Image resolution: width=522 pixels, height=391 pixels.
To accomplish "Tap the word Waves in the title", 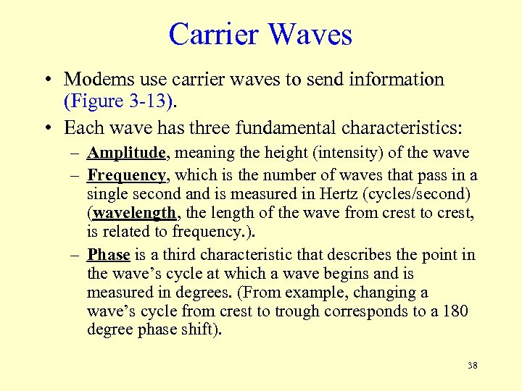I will click(308, 35).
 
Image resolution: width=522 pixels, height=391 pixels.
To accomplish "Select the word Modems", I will click(96, 79).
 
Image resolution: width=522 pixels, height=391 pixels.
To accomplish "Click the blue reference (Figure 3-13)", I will click(120, 100).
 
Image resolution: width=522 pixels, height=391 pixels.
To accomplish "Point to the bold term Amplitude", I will click(128, 153).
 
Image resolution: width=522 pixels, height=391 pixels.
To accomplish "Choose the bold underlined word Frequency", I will click(128, 175).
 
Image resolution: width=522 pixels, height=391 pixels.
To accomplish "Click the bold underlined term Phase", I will click(108, 254).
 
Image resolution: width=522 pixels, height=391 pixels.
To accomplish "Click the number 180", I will click(455, 311).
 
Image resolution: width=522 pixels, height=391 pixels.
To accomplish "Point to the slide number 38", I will click(472, 366).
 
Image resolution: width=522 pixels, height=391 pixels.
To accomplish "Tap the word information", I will click(390, 79).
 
